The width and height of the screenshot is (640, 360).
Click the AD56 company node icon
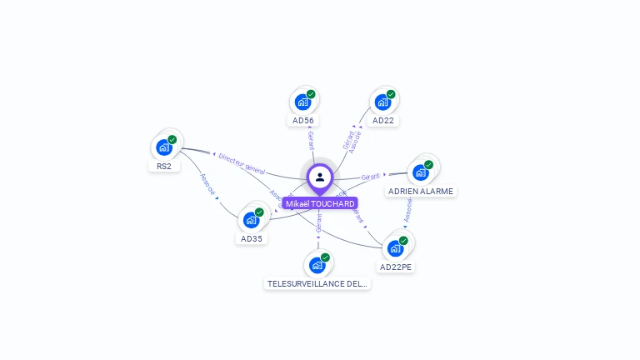(x=302, y=102)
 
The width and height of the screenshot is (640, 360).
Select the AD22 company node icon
(x=382, y=102)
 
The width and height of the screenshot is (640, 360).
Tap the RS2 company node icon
(x=164, y=147)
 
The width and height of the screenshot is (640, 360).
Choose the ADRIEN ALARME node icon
(x=421, y=172)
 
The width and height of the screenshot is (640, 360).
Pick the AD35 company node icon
(x=251, y=220)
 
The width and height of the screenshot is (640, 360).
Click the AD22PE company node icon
(x=396, y=248)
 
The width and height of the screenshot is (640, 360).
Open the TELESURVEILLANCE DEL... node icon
(x=317, y=265)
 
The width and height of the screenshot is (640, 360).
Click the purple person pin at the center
(x=320, y=177)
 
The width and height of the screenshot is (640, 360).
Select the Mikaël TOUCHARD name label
(x=320, y=203)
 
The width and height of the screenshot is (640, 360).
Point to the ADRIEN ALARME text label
(x=421, y=191)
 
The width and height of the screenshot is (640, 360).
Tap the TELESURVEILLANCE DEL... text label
(x=317, y=283)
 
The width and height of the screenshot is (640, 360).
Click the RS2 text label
(x=164, y=166)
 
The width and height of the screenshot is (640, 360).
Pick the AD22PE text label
(x=396, y=267)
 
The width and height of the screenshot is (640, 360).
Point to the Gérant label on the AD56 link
(x=311, y=140)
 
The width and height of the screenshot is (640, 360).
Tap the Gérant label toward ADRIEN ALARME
(x=371, y=177)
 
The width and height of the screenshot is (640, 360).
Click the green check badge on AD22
(x=391, y=94)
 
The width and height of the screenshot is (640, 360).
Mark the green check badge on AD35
(x=259, y=212)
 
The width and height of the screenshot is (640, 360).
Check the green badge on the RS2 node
(x=172, y=140)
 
